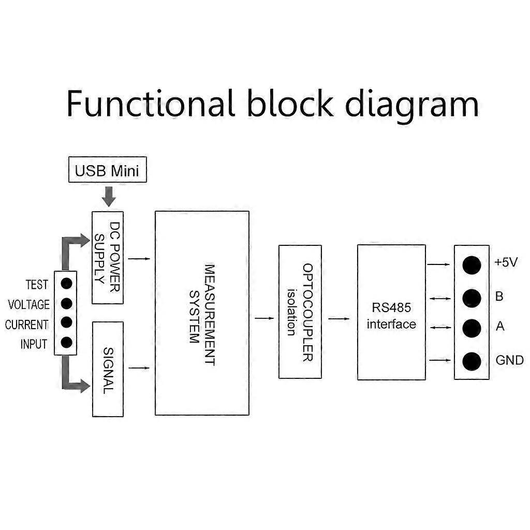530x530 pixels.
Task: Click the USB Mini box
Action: (108, 171)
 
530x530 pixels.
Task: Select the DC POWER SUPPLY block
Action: (108, 257)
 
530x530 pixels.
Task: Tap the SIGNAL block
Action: (108, 369)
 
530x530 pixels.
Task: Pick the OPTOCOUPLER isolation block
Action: (300, 312)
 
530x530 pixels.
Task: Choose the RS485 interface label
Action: (391, 316)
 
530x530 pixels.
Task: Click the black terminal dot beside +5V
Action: (472, 264)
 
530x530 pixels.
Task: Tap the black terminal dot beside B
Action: (472, 298)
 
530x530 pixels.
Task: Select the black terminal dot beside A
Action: (472, 328)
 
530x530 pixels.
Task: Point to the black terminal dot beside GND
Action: (472, 361)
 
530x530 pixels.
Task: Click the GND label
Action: (509, 360)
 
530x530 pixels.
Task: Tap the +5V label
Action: (506, 262)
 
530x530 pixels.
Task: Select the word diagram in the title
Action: (412, 105)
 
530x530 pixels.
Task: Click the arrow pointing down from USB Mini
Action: (108, 196)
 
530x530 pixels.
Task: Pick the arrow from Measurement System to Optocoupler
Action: (264, 318)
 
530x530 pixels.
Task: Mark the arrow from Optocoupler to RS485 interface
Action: (339, 318)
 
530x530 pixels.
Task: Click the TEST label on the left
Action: (37, 285)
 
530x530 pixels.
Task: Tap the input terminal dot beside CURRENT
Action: (66, 322)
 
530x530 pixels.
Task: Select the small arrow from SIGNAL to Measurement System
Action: (139, 368)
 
